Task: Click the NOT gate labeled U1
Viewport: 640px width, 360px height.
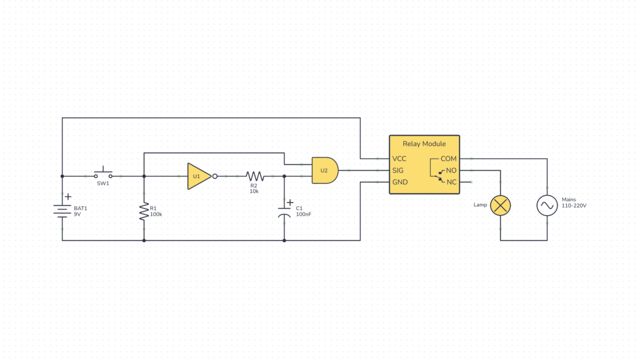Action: tap(198, 176)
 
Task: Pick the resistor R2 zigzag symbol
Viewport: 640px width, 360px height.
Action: tap(254, 176)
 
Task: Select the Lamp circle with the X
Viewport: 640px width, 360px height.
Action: tap(500, 205)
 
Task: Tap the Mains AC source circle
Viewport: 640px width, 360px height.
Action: tap(547, 205)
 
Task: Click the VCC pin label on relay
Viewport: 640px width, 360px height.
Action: tap(399, 159)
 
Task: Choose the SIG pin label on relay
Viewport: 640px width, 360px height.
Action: tap(398, 170)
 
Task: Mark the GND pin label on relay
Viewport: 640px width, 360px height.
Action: tap(400, 182)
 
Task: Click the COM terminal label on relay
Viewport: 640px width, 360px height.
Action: tap(449, 159)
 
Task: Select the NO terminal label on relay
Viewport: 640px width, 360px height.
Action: tap(451, 170)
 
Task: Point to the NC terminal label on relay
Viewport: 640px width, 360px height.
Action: tap(451, 182)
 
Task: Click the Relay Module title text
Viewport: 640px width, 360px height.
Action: tap(424, 144)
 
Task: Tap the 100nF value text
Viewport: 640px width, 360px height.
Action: tap(304, 214)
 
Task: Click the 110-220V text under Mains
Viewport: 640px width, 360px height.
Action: tap(574, 206)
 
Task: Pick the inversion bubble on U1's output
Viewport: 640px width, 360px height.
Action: tap(214, 176)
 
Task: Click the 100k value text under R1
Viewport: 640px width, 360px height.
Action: tap(156, 214)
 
